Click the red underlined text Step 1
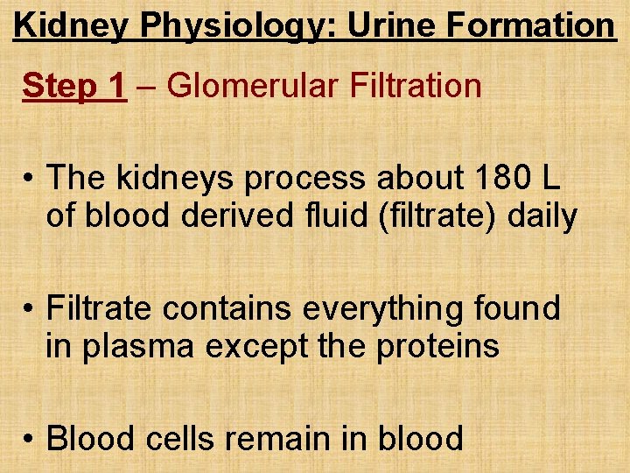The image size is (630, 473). click(x=73, y=86)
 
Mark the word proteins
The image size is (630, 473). click(x=438, y=347)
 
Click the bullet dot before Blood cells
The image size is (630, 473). click(x=30, y=437)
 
